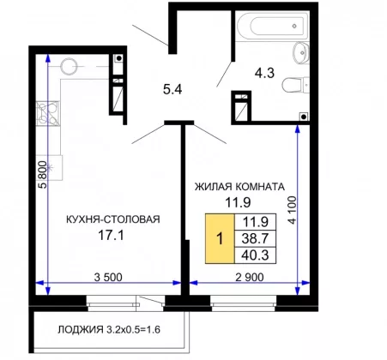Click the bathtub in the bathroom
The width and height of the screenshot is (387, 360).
tap(273, 26)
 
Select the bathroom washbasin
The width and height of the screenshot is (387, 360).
tap(301, 52)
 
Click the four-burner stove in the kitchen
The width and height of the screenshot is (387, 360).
tap(48, 113)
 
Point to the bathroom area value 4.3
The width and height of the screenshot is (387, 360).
tap(264, 73)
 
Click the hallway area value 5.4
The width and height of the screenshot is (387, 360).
tap(172, 90)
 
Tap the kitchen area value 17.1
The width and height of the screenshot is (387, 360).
tap(111, 236)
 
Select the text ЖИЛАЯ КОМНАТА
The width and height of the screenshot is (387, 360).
tap(239, 187)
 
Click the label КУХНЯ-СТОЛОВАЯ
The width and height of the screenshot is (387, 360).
tap(113, 219)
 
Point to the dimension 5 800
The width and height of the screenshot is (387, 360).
tap(42, 174)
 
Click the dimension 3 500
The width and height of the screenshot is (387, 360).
tap(108, 277)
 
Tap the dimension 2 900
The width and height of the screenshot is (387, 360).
tap(250, 277)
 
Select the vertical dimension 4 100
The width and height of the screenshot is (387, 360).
tap(292, 210)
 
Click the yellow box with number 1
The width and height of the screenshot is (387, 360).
tap(220, 238)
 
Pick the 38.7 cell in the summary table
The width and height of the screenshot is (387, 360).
tap(255, 238)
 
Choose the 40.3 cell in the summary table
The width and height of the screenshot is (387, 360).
tap(255, 255)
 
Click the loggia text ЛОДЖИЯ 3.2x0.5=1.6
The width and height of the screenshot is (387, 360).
tap(109, 330)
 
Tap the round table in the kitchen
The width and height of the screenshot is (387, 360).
tap(69, 66)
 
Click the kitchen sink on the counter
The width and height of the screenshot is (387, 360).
tap(50, 167)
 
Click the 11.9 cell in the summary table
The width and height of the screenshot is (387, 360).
tap(255, 222)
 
